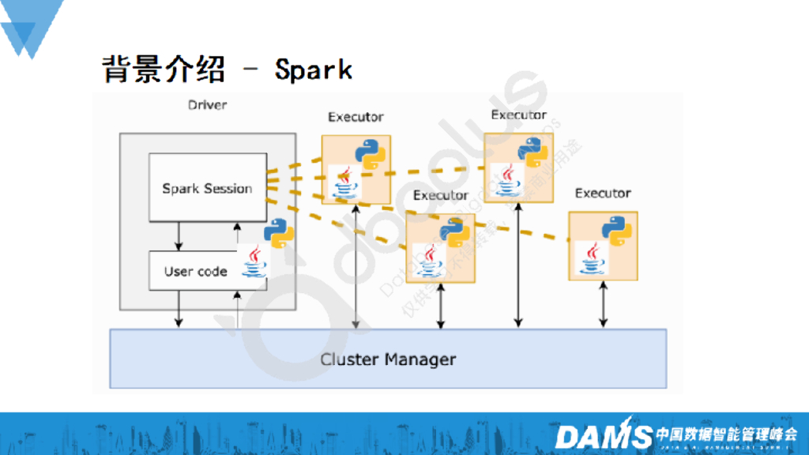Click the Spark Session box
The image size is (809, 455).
click(x=207, y=188)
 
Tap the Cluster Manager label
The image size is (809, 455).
click(x=388, y=359)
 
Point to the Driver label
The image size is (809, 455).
click(x=207, y=104)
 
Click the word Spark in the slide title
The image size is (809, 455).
click(x=313, y=70)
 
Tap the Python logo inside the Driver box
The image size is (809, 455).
click(x=278, y=232)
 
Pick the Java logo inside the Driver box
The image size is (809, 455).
click(x=254, y=262)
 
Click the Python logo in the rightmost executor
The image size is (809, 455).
click(x=616, y=228)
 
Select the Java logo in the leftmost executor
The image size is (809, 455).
click(x=344, y=182)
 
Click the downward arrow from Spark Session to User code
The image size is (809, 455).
click(x=179, y=235)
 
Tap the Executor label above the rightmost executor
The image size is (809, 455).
click(x=603, y=194)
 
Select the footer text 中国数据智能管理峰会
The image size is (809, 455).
click(x=727, y=433)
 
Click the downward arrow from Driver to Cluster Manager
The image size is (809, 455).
click(x=179, y=308)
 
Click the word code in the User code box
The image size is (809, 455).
click(x=213, y=271)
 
